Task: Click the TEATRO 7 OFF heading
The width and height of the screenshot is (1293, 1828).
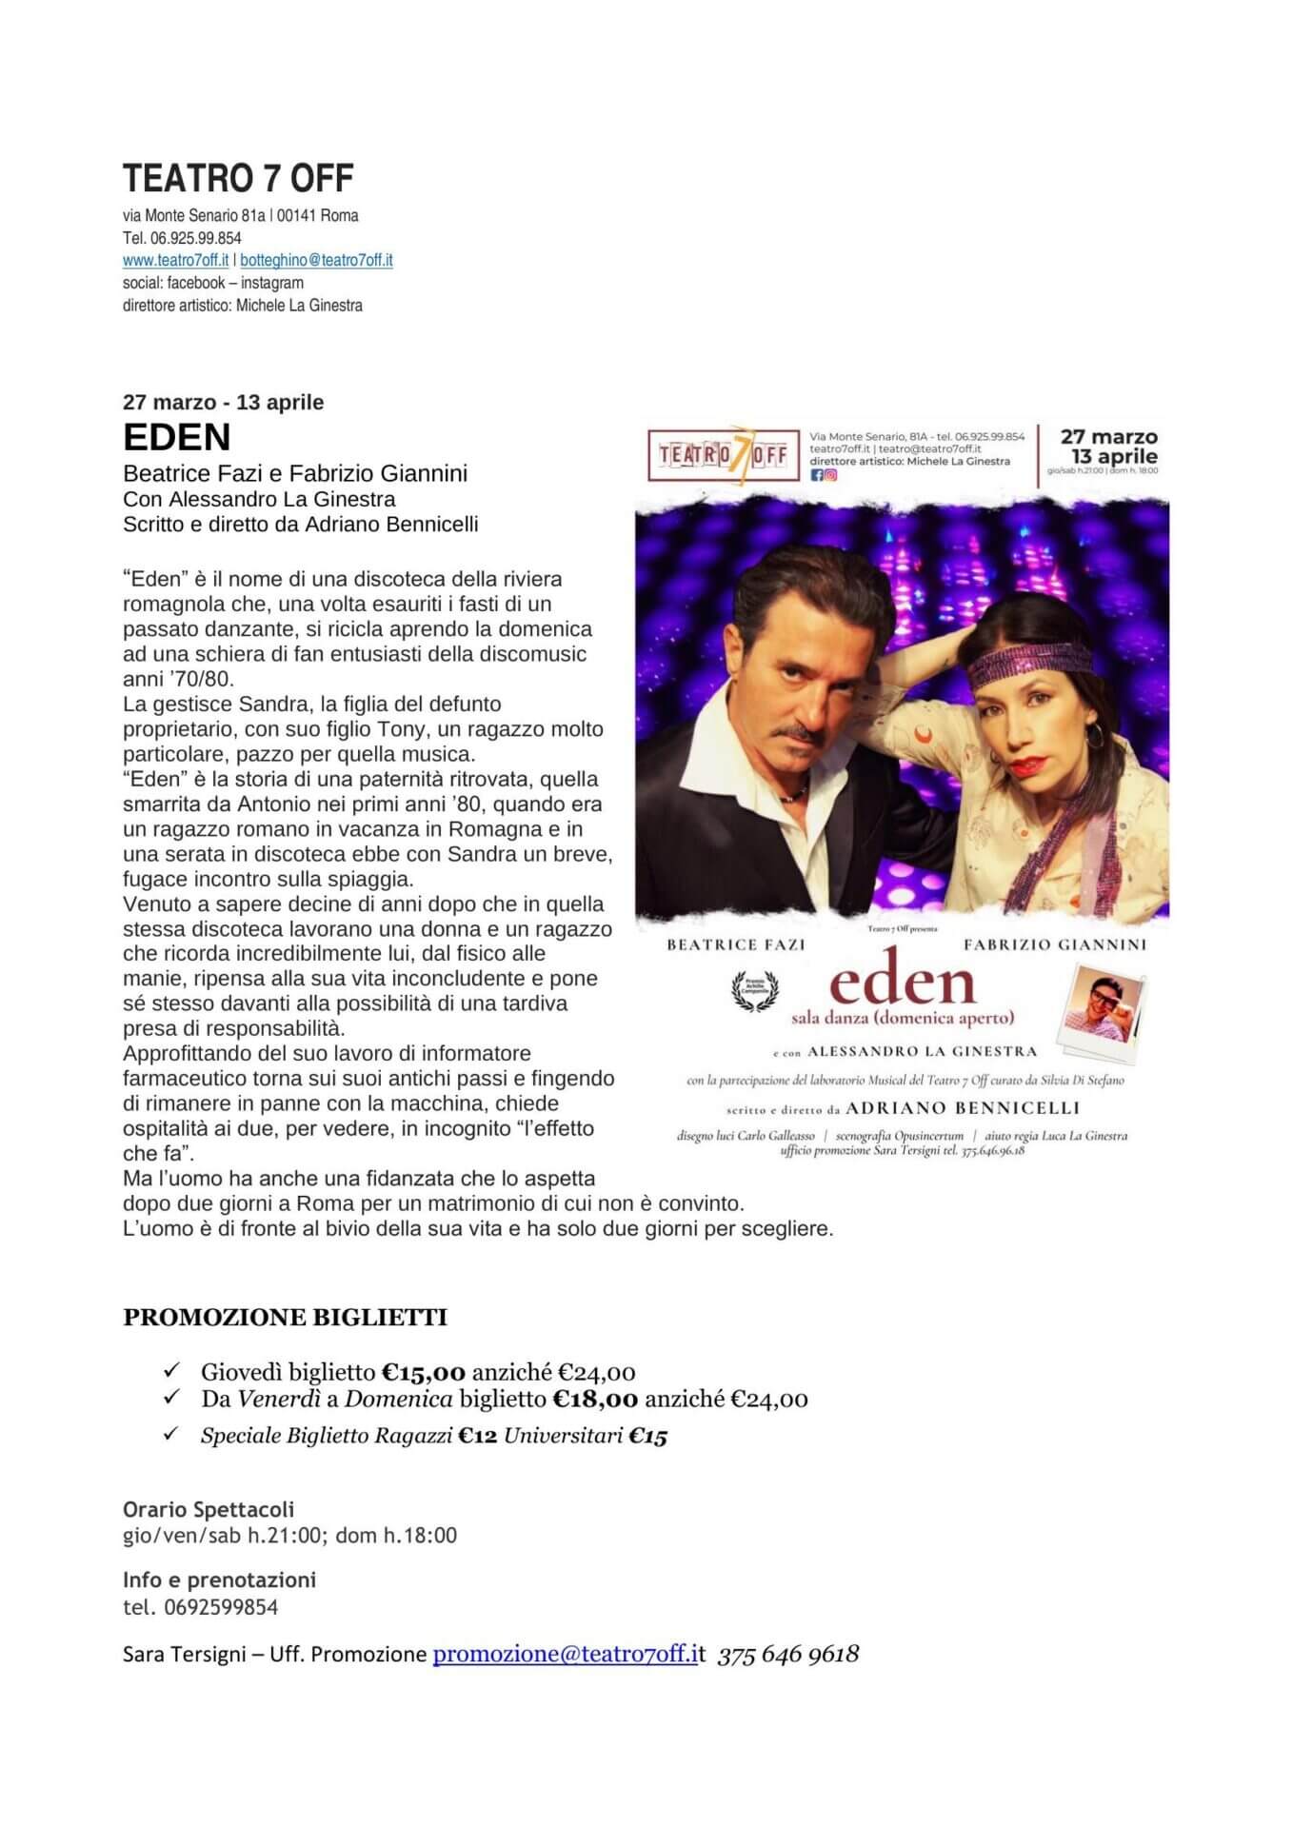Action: click(238, 178)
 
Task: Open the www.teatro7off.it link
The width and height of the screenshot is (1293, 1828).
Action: click(175, 260)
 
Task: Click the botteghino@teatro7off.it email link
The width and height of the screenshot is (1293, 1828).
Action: click(316, 260)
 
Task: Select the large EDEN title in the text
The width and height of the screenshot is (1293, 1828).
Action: click(177, 437)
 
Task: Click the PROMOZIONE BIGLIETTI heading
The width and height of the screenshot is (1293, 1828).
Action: click(285, 1318)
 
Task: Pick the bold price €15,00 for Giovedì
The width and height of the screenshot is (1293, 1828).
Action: click(424, 1372)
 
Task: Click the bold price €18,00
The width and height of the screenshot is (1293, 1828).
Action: click(595, 1399)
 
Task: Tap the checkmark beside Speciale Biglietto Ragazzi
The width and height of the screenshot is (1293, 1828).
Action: click(172, 1433)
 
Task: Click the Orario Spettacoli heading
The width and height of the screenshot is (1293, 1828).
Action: click(209, 1509)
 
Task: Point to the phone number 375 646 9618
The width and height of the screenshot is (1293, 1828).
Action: click(788, 1654)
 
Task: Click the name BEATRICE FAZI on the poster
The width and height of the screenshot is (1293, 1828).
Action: click(736, 944)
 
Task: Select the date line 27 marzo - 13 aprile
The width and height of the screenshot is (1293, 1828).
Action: click(224, 402)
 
